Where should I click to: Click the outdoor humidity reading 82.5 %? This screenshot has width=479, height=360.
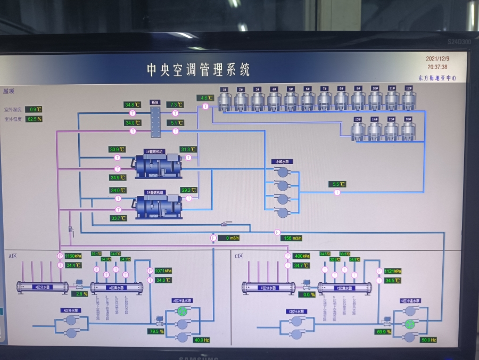[x=34, y=119]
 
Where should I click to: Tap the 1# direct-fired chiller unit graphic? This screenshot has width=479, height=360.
[x=159, y=165]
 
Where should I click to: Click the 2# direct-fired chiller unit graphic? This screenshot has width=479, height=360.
[x=159, y=206]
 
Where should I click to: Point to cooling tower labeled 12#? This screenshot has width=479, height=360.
[x=408, y=100]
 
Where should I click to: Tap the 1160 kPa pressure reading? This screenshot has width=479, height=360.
[x=73, y=256]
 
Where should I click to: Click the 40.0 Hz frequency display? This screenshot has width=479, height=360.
[x=202, y=340]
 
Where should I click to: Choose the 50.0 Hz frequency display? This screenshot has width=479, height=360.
[x=428, y=340]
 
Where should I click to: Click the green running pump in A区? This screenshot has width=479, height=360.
[x=183, y=310]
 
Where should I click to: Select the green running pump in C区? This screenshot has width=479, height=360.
[x=409, y=324]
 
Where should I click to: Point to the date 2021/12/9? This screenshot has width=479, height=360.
[x=437, y=59]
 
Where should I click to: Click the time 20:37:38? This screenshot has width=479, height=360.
[x=437, y=67]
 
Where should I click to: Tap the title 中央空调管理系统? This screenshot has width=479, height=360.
[x=198, y=70]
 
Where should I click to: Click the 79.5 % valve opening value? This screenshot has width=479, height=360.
[x=156, y=332]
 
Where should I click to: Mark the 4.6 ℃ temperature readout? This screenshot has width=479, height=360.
[x=207, y=98]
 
